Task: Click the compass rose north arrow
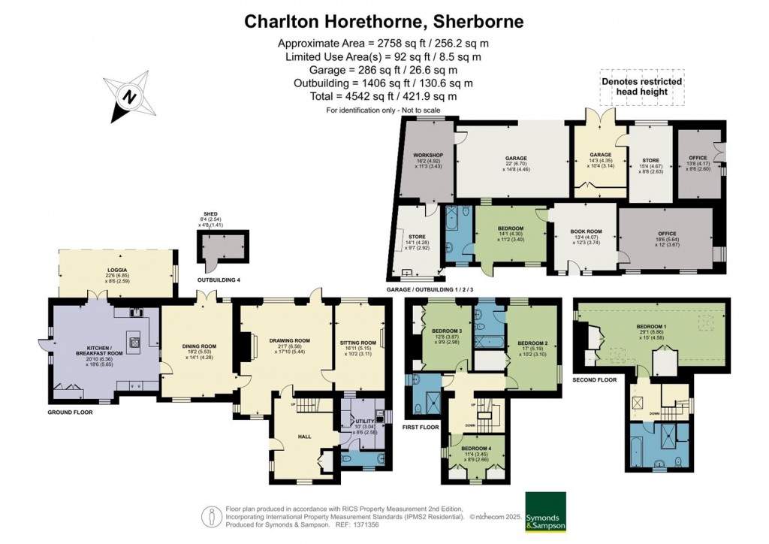point(128,97)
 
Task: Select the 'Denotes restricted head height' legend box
point(641,86)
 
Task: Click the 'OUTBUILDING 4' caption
point(219,280)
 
